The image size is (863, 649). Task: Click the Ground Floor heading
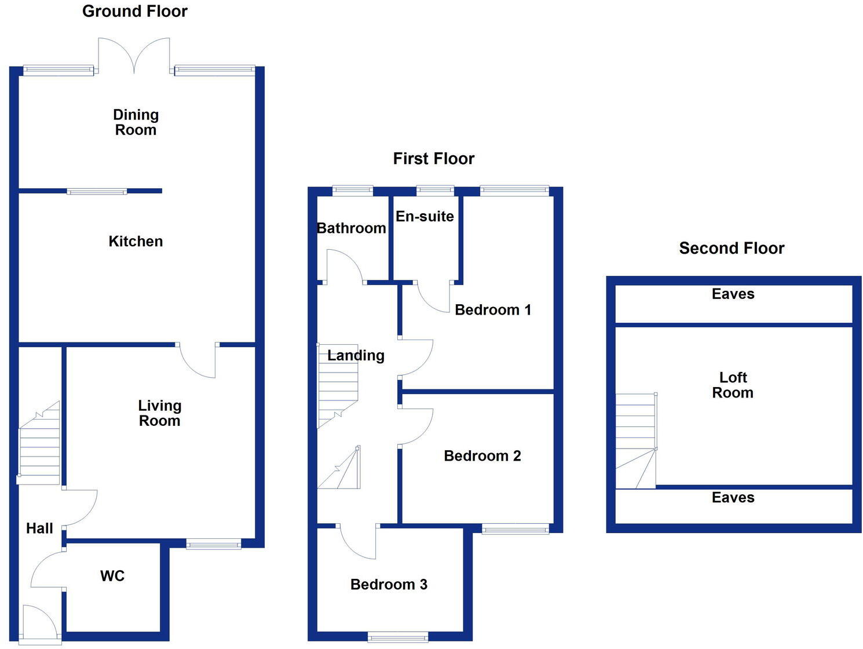tap(135, 12)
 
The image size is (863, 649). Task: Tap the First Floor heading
tap(434, 159)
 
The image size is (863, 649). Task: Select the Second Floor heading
tap(732, 249)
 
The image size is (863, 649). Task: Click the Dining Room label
tap(136, 122)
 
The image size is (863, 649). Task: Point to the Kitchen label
tap(136, 242)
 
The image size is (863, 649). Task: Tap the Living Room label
tap(159, 413)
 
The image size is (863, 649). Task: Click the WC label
tap(112, 576)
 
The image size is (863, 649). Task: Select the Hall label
tap(39, 528)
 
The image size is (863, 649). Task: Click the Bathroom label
tap(352, 228)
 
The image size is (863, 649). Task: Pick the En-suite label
tap(425, 217)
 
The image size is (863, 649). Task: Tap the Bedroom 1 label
tap(493, 310)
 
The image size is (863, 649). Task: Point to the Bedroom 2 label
tap(482, 456)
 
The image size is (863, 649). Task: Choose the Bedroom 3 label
tap(389, 585)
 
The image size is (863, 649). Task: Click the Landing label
tap(356, 355)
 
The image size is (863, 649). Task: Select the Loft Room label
tap(733, 385)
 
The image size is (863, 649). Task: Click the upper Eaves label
tap(733, 294)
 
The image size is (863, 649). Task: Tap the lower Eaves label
tap(733, 498)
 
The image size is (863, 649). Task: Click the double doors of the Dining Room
tap(134, 56)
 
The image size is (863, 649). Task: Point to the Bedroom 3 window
tap(398, 637)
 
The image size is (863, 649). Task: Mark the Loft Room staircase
tap(635, 440)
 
